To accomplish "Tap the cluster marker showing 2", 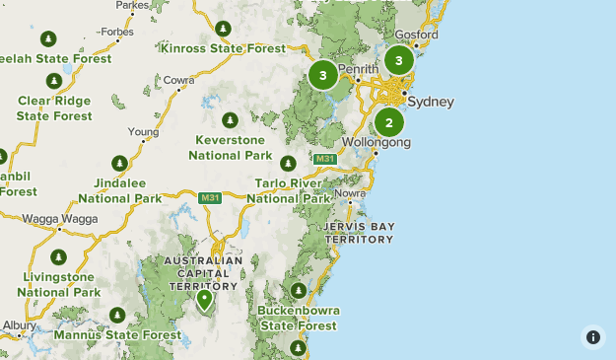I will (x=389, y=123).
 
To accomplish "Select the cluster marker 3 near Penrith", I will (x=323, y=75).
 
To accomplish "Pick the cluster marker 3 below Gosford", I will (x=398, y=60).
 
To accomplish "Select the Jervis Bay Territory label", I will (x=359, y=233).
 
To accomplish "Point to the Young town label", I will (x=143, y=131).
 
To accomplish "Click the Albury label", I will (x=18, y=324).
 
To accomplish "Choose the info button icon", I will (x=593, y=337).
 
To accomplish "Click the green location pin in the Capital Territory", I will (x=205, y=298).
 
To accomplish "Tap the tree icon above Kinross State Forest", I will (x=224, y=29).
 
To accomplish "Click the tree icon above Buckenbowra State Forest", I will (x=298, y=290).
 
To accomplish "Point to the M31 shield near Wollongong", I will (x=325, y=159).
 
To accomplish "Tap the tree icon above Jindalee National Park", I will (x=119, y=163).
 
